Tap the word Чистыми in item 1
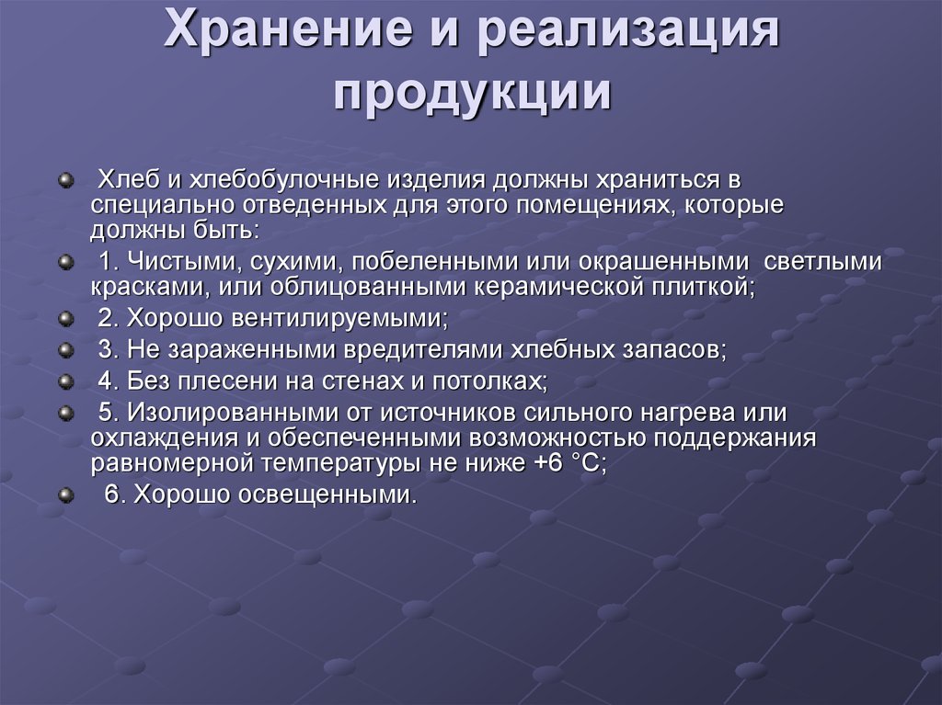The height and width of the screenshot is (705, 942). click(x=179, y=262)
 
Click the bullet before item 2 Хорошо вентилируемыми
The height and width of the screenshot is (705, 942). click(x=65, y=319)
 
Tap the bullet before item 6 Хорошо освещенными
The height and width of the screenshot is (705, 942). click(x=65, y=495)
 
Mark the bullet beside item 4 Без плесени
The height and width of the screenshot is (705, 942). click(x=65, y=381)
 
